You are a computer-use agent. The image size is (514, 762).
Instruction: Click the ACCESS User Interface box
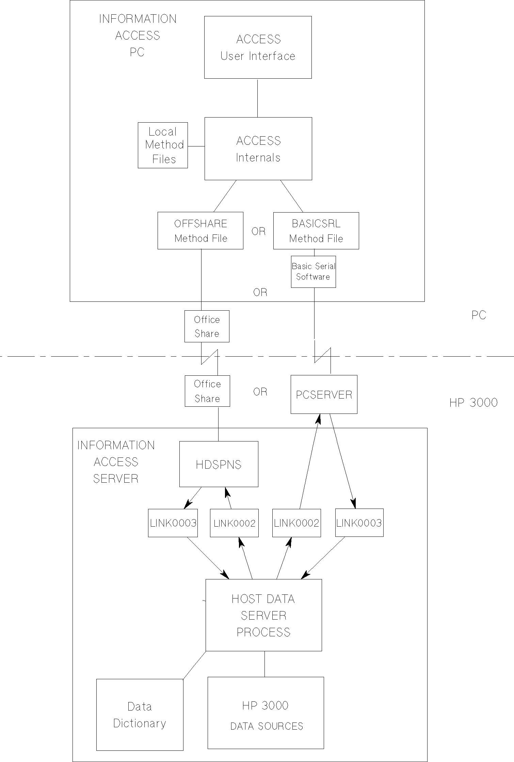click(x=258, y=47)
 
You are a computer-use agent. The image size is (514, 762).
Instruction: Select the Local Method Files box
click(x=163, y=145)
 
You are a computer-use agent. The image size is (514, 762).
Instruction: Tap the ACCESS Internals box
click(x=258, y=149)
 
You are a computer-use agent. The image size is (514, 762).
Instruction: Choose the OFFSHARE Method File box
click(x=200, y=231)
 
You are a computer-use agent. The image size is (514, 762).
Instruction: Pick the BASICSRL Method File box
click(x=316, y=231)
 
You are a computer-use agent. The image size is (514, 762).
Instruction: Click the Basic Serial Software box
click(x=313, y=271)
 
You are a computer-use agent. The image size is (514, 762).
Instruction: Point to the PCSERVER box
click(x=324, y=394)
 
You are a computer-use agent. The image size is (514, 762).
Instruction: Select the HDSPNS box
click(x=219, y=464)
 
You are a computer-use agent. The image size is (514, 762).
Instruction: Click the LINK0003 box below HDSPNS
click(x=173, y=523)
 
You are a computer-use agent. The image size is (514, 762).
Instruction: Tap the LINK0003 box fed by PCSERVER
click(x=359, y=523)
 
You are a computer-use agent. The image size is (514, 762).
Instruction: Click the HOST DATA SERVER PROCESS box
click(x=263, y=615)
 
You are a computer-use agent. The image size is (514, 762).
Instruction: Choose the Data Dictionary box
click(x=140, y=715)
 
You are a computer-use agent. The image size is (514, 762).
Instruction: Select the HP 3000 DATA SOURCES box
click(x=266, y=713)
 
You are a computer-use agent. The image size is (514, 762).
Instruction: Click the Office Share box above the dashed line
click(x=207, y=326)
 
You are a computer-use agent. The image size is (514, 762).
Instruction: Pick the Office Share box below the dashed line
click(x=207, y=391)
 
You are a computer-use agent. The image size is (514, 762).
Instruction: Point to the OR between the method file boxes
click(x=258, y=231)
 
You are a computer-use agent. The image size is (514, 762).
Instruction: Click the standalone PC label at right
click(x=479, y=315)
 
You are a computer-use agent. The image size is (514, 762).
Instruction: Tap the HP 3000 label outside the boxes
click(x=473, y=403)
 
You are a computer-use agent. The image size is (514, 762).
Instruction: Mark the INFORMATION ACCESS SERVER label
click(x=116, y=462)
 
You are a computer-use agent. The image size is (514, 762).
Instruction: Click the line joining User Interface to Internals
click(x=257, y=98)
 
